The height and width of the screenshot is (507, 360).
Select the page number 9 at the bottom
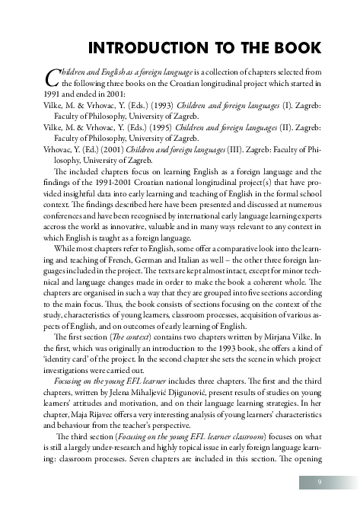pos(320,483)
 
